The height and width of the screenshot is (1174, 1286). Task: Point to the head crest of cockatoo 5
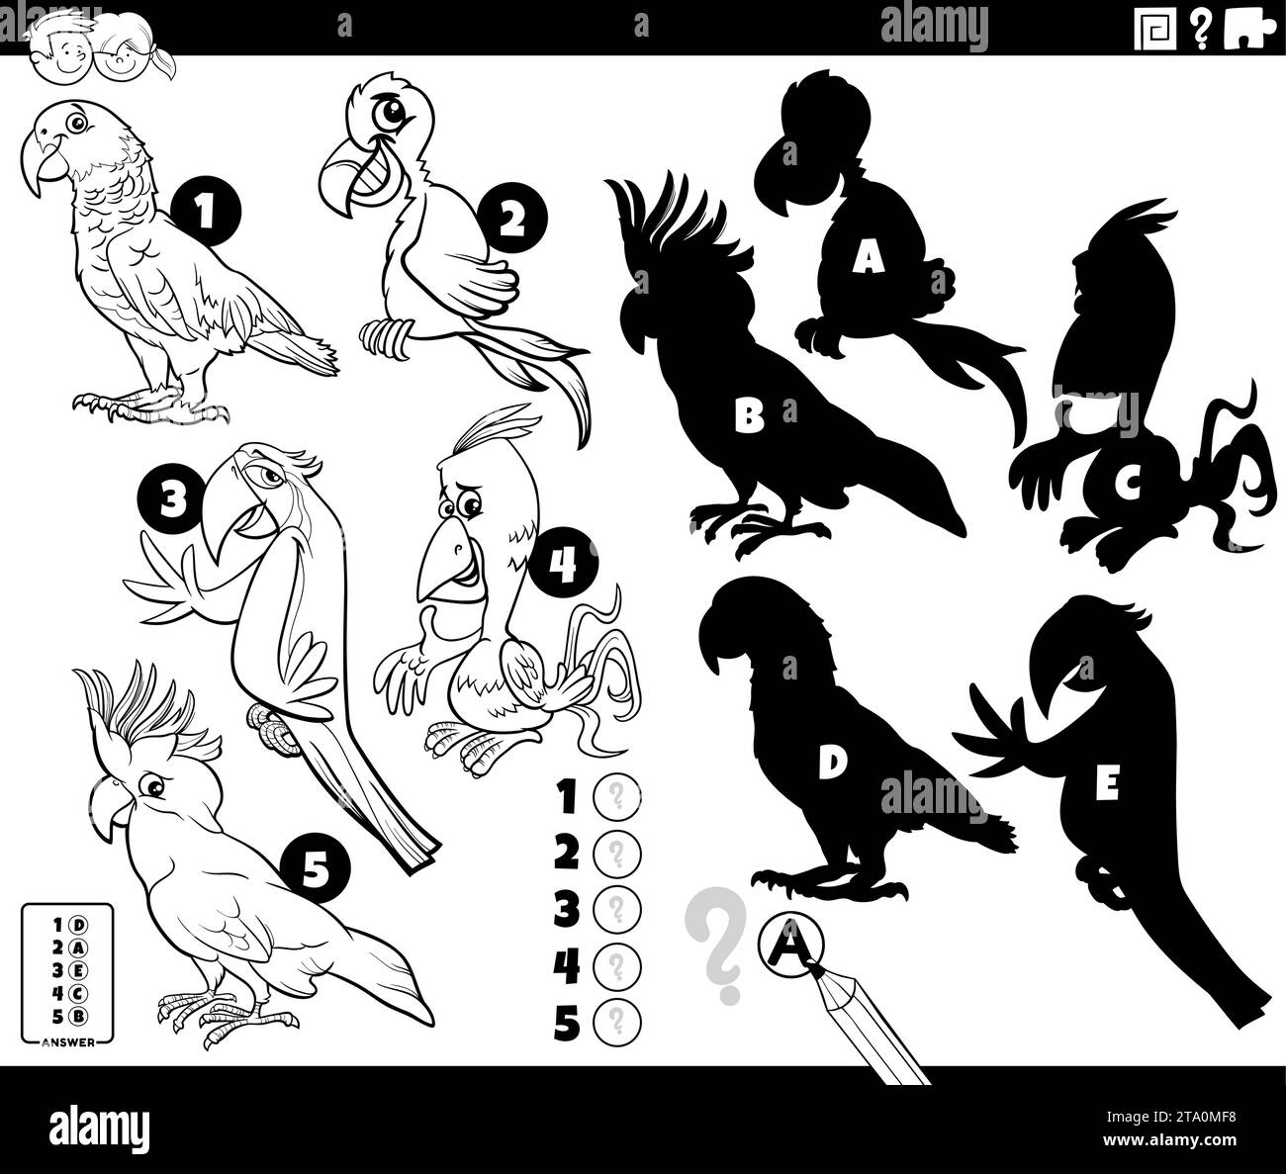coord(148,712)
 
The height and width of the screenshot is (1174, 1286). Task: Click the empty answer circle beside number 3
coord(616,907)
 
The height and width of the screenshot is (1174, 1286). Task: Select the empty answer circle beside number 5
coord(616,1021)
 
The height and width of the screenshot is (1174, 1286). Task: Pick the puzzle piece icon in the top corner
coord(1247,31)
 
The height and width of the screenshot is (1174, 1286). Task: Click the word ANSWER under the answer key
coord(68,1041)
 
